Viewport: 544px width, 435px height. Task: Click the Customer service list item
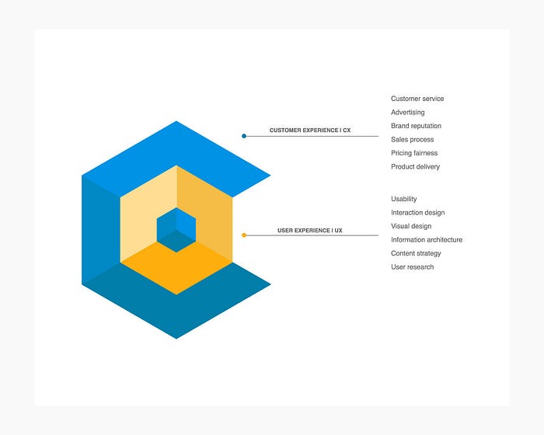tap(417, 99)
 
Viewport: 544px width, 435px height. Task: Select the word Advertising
tap(407, 113)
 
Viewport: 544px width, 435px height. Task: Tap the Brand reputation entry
tap(416, 126)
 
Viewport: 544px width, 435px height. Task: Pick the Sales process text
tap(412, 140)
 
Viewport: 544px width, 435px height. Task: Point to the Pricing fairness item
tap(414, 153)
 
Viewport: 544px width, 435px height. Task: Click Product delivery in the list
tap(415, 167)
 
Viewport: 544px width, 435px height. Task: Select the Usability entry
tap(403, 199)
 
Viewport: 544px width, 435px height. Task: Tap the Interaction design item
tap(417, 213)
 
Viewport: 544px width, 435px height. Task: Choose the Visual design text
tap(410, 226)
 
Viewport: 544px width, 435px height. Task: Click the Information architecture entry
tap(426, 240)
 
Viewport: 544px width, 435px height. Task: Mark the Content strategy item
tap(416, 253)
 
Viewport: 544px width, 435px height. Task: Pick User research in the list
tap(412, 267)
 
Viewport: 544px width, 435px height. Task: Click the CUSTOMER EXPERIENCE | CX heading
tap(309, 130)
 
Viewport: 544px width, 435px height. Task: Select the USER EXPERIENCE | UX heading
tap(310, 231)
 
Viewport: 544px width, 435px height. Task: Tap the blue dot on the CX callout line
tap(244, 136)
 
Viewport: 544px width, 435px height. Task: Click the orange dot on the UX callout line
tap(244, 235)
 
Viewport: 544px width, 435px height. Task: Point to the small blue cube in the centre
tap(176, 230)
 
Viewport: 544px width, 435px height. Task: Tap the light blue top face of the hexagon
tap(176, 148)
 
